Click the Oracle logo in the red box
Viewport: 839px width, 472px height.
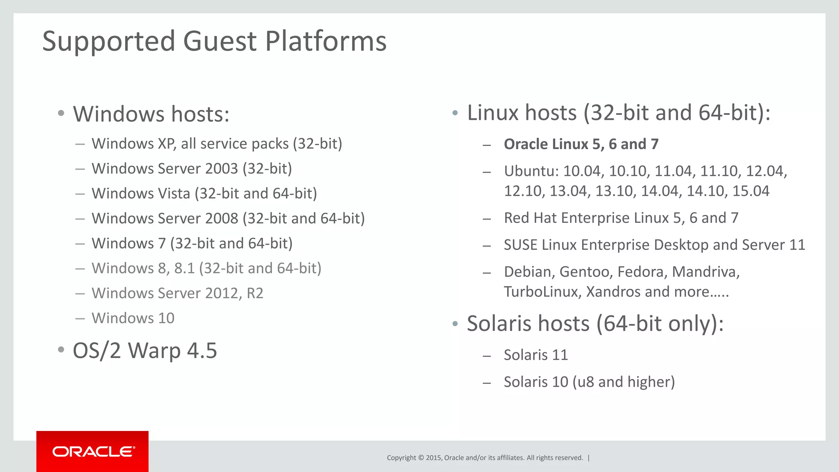[93, 452]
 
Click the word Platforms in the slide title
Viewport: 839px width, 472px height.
[326, 42]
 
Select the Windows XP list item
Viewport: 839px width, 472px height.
[217, 144]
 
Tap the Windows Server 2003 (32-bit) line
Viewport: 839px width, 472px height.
[192, 169]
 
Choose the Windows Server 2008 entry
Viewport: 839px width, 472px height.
[228, 218]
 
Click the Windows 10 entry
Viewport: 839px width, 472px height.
[133, 318]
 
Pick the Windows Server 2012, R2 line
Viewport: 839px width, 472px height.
[177, 293]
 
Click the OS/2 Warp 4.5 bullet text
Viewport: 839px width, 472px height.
[145, 351]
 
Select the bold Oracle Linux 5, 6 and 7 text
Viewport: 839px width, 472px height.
[581, 144]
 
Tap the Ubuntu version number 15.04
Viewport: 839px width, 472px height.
[751, 191]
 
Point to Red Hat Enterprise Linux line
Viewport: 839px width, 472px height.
[621, 218]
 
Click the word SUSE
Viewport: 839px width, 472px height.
[520, 245]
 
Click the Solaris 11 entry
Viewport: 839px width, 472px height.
[535, 355]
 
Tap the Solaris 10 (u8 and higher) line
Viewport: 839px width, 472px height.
[589, 382]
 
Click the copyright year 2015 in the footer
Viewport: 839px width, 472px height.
[433, 458]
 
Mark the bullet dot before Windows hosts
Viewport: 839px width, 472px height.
[61, 113]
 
